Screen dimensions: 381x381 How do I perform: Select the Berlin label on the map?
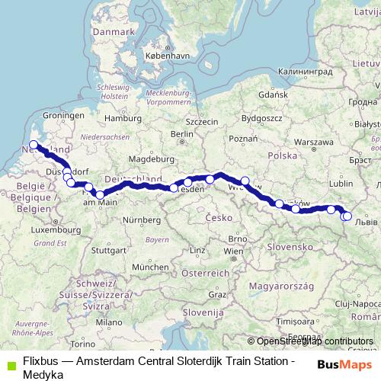click(x=180, y=134)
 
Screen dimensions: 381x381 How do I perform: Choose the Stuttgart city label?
click(x=107, y=249)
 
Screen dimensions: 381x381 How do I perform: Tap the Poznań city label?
click(x=243, y=139)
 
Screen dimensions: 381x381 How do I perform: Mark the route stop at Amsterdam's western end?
click(x=33, y=145)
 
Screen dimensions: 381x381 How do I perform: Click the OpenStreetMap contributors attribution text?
click(x=315, y=341)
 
